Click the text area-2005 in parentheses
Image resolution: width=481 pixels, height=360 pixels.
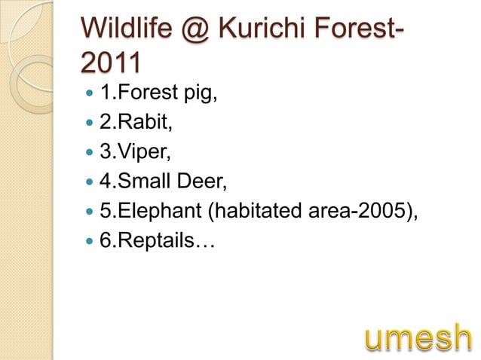pos(366,212)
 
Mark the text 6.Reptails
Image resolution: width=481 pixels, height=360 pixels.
pos(156,241)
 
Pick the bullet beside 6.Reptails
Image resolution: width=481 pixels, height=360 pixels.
pos(90,242)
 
